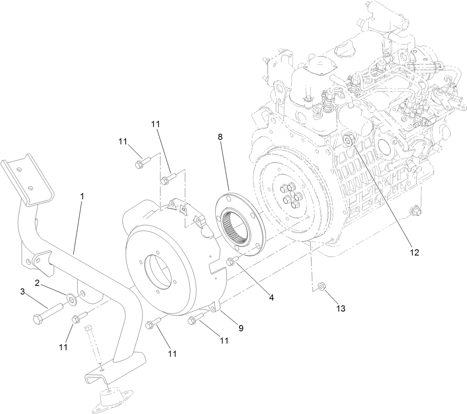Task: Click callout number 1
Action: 82,196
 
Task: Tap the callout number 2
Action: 37,283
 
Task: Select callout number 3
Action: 23,292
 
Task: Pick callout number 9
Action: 240,328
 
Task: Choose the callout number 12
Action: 414,252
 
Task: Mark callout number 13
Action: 341,308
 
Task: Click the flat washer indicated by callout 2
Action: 71,298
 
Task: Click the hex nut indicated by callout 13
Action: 321,286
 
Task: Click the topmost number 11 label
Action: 155,124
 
